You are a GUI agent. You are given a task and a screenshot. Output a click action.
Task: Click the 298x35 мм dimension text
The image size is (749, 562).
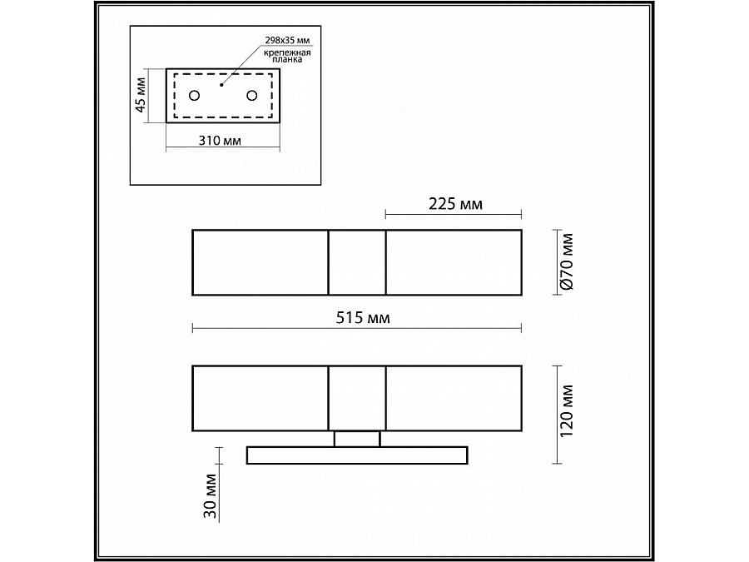(288, 40)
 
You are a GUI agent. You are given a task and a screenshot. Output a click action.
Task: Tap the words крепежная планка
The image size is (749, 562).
(288, 56)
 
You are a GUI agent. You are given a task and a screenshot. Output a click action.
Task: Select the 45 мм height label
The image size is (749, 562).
(141, 95)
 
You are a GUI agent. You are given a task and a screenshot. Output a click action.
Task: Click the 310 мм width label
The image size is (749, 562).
(220, 141)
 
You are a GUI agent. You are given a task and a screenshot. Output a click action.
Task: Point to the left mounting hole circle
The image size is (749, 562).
(195, 96)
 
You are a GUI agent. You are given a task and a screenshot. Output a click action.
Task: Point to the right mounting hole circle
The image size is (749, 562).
(251, 96)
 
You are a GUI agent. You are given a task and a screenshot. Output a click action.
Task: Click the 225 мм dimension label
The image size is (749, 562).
(456, 204)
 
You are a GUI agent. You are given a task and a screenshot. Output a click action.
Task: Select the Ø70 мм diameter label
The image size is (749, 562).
(567, 262)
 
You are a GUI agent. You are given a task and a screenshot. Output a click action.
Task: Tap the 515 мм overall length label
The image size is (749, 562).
(363, 318)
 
